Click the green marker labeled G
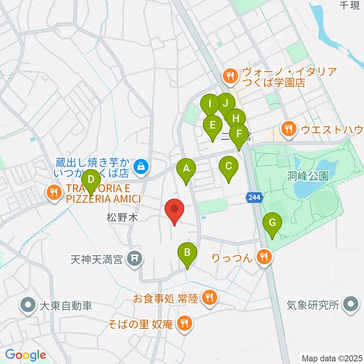click(272, 223)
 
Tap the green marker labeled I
click(210, 104)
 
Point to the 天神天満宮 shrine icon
click(134, 260)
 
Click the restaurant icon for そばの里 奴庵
click(184, 324)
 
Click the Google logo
click(25, 355)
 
